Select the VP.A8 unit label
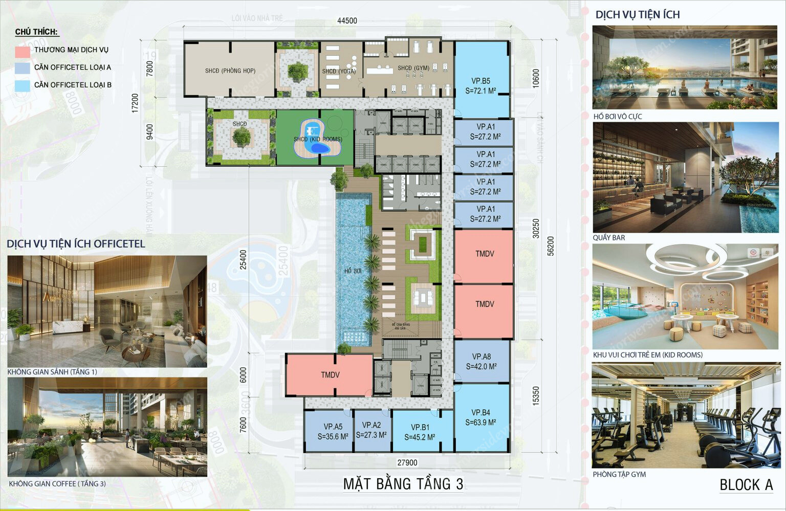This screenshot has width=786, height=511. [482, 357]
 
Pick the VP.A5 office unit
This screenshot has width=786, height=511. [333, 431]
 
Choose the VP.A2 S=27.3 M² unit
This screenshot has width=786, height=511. [372, 430]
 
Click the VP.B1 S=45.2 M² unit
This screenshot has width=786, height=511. [420, 432]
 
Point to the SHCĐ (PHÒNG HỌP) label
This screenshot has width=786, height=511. [230, 71]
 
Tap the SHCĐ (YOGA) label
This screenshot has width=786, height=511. [339, 71]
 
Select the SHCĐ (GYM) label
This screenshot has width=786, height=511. [413, 68]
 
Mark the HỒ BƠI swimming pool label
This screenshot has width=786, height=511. [353, 271]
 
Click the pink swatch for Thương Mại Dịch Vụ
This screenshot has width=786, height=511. [23, 51]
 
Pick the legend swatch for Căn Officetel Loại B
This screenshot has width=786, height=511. [23, 85]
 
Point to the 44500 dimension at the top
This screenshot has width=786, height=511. [347, 21]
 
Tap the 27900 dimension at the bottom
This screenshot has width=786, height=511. [407, 462]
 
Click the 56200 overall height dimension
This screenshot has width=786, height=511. [551, 246]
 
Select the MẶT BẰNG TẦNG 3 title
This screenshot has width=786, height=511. [403, 484]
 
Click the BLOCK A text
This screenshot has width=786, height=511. [746, 485]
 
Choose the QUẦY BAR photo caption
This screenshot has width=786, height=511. [609, 238]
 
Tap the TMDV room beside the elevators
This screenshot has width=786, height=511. [330, 375]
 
